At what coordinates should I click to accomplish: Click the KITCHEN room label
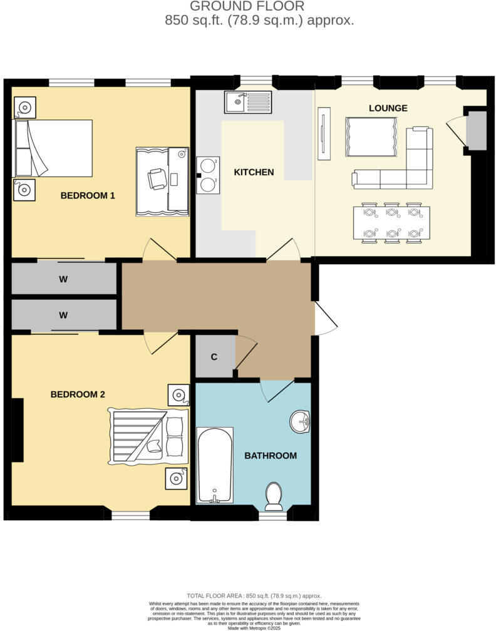254,172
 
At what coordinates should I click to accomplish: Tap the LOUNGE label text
388,108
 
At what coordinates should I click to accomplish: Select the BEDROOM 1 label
88,196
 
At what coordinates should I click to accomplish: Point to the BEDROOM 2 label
78,394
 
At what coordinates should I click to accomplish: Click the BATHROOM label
271,456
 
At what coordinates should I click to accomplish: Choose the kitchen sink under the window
249,101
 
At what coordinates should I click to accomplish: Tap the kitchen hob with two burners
209,173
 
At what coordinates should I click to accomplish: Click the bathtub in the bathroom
215,465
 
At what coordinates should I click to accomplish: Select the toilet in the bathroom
274,496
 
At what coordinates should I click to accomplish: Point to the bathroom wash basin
301,422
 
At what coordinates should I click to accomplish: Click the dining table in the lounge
391,223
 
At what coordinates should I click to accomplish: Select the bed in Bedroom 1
53,148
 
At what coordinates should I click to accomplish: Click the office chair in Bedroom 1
157,179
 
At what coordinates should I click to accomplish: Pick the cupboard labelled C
214,357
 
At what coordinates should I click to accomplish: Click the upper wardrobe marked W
64,279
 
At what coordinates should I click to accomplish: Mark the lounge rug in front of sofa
370,137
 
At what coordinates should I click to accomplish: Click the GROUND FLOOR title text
247,6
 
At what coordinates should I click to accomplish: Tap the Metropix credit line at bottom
247,627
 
